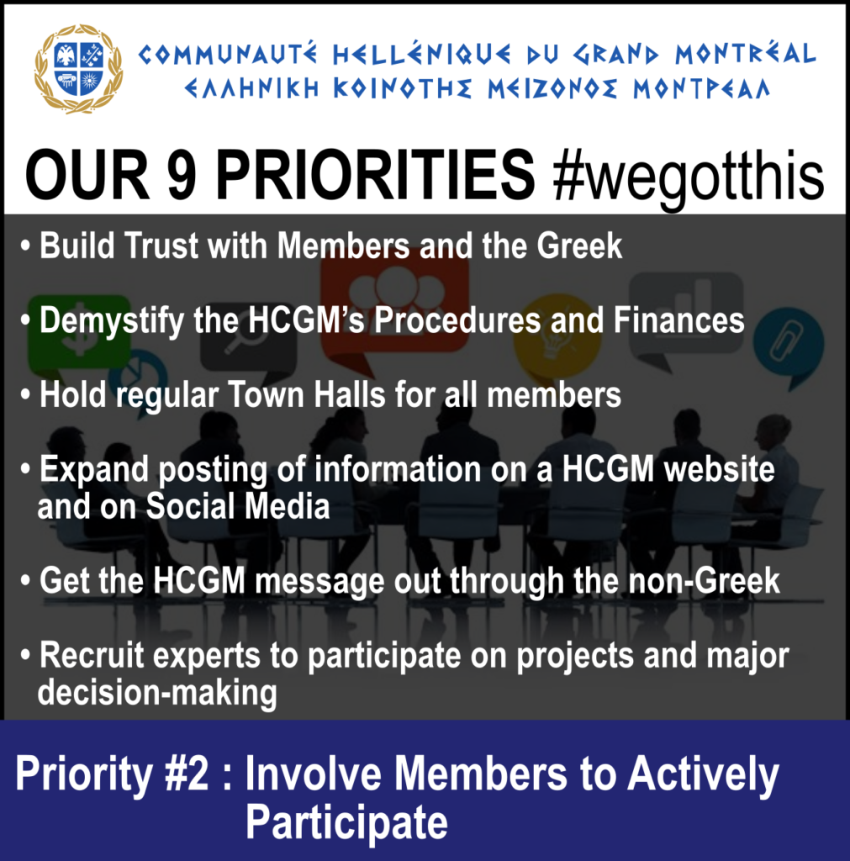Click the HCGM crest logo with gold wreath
click(78, 69)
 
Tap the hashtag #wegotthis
click(689, 177)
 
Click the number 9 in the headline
click(182, 175)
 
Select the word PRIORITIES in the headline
click(375, 175)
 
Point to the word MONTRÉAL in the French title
click(746, 54)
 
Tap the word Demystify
click(112, 321)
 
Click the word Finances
click(678, 320)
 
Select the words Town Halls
click(306, 394)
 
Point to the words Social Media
click(238, 505)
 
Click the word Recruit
click(91, 655)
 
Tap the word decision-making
click(157, 693)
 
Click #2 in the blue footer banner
click(187, 774)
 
